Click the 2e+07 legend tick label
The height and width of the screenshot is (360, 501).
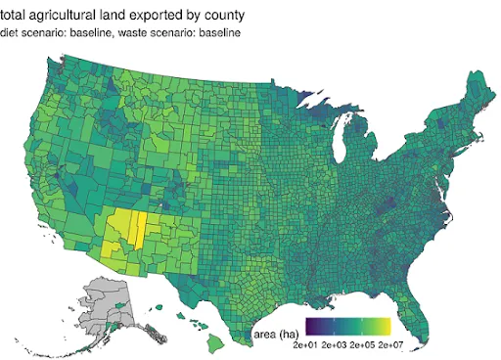(x=391, y=345)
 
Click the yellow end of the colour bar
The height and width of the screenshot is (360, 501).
(x=387, y=326)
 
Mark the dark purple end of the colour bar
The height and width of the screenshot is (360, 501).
(x=309, y=326)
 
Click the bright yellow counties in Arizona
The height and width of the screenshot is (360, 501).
(x=128, y=231)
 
